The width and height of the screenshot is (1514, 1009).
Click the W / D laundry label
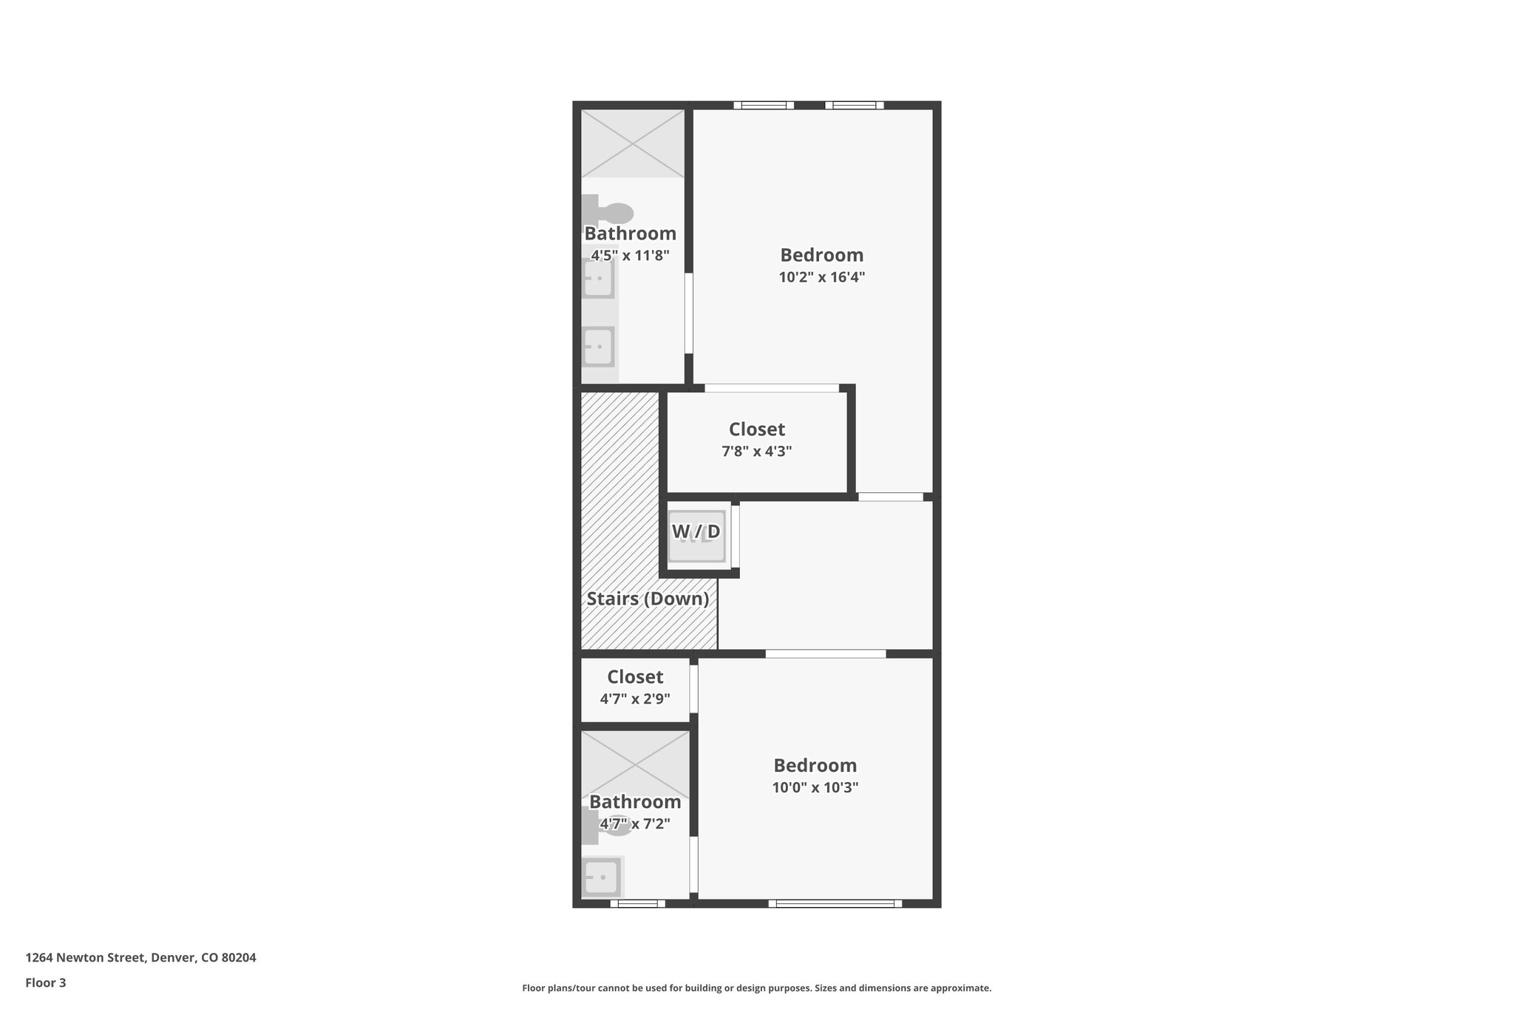point(695,531)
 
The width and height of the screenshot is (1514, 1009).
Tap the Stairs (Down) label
point(648,599)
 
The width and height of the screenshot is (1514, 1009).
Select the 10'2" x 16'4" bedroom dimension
point(821,277)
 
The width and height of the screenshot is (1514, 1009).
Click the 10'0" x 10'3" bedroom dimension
point(815,787)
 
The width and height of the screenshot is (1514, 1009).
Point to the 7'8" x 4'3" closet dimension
point(756,451)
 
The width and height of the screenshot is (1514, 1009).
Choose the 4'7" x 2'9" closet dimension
point(634,698)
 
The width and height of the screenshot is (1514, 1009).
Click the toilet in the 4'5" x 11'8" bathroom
point(609,212)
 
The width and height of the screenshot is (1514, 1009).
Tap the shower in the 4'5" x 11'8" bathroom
point(632,143)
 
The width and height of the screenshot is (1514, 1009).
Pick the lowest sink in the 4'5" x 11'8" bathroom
point(599,346)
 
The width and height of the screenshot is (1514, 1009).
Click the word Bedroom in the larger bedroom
point(821,255)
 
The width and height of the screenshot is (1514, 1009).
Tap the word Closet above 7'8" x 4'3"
point(756,429)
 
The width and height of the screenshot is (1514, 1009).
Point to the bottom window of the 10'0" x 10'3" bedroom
point(835,903)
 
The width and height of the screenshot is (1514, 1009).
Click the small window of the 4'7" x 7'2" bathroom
point(637,903)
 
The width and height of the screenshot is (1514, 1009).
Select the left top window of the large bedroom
point(763,105)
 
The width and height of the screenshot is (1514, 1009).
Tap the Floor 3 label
point(46,982)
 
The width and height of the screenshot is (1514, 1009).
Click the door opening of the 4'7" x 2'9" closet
point(693,689)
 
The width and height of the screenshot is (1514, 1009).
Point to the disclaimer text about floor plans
point(756,988)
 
